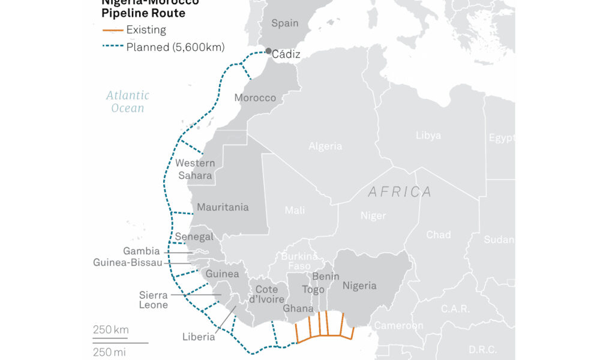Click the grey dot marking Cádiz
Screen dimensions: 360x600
pos(268,51)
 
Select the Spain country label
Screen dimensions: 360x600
pos(284,23)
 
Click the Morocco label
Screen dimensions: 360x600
pos(255,98)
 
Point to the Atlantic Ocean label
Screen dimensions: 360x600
pos(128,101)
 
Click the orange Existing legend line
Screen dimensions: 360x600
pos(112,30)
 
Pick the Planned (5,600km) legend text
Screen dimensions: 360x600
pos(169,46)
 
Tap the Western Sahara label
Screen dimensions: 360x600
pos(195,169)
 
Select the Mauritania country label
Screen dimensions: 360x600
pos(223,207)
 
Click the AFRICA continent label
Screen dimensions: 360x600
pos(400,192)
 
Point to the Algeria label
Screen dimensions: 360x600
pos(325,146)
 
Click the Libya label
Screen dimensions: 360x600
pos(428,136)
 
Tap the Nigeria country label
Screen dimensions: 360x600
pos(359,286)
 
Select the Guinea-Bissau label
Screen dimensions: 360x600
pos(127,262)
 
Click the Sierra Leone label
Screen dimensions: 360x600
pos(154,299)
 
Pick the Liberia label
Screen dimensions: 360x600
pos(199,337)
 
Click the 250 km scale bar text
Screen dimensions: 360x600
pos(110,329)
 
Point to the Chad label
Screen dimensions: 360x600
pos(438,235)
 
